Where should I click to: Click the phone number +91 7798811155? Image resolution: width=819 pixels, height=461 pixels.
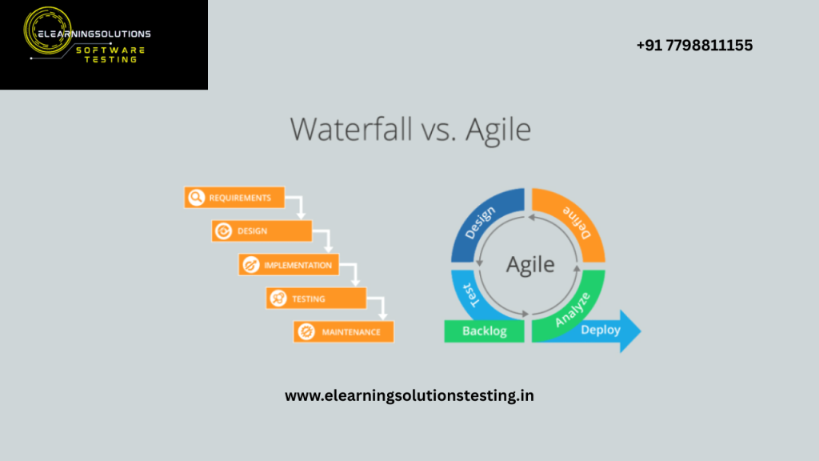(694, 46)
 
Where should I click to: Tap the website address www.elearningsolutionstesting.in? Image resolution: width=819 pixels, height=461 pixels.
(409, 395)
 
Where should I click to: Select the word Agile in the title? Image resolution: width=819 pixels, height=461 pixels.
(497, 128)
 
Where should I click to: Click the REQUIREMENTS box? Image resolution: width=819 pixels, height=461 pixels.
(234, 198)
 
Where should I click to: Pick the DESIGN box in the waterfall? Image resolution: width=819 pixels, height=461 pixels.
(262, 231)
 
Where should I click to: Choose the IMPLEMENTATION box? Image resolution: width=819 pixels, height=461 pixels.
(289, 265)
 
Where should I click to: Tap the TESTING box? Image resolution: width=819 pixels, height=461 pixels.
(316, 299)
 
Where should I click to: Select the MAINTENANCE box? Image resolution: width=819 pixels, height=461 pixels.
(343, 331)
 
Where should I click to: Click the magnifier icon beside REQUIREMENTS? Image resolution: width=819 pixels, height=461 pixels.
(195, 198)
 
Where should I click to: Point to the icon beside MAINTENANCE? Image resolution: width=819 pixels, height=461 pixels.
(305, 331)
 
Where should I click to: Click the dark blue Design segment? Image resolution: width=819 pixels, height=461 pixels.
(482, 225)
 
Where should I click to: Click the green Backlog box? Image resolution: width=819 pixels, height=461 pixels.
(484, 331)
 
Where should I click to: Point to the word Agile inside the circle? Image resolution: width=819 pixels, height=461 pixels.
(529, 265)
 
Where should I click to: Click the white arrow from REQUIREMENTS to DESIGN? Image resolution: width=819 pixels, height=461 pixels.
(299, 207)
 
